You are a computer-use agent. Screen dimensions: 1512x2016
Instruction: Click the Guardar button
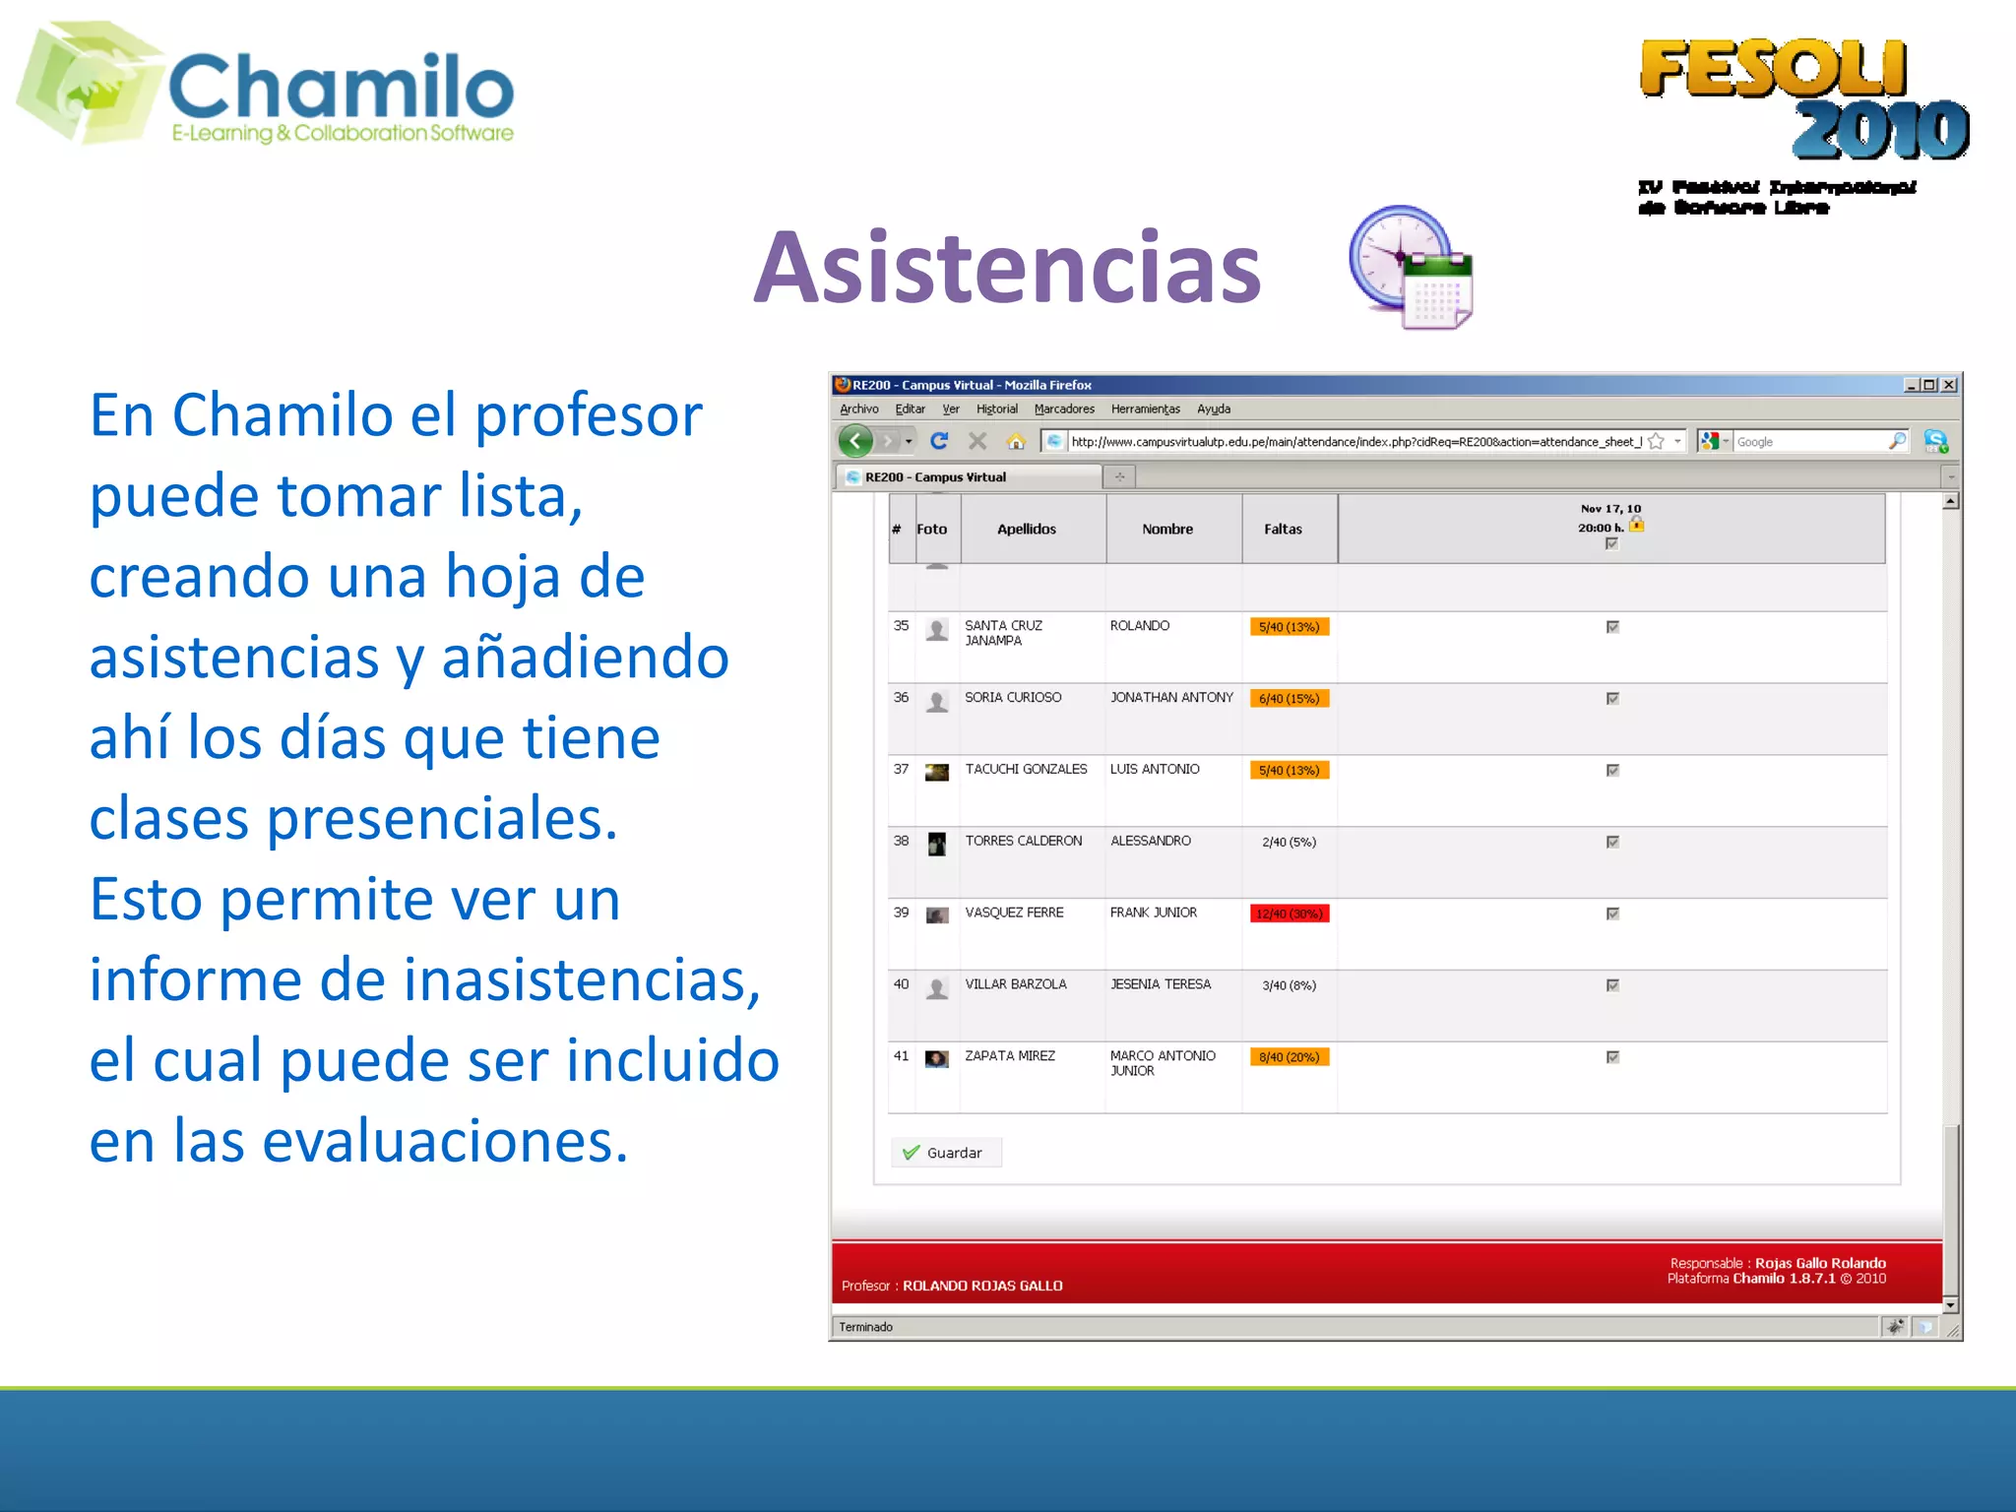946,1153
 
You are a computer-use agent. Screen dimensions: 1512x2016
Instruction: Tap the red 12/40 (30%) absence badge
1289,913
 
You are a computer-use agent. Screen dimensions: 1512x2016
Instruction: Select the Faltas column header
1283,530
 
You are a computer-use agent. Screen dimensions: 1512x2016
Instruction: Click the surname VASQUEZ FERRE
1014,913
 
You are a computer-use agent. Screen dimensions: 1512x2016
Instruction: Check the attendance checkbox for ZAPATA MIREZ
1612,1057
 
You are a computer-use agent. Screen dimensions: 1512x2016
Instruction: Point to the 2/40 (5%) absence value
1289,842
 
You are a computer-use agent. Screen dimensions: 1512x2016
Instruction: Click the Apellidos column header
1026,530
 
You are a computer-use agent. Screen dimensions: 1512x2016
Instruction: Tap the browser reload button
939,441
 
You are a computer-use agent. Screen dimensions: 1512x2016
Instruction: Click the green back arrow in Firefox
855,441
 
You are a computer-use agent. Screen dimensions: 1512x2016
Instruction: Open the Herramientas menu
1145,409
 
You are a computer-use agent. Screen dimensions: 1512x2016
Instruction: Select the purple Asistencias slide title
1007,268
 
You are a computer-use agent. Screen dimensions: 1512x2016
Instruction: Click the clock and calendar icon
1410,268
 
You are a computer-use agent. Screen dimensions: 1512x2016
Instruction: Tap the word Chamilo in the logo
341,87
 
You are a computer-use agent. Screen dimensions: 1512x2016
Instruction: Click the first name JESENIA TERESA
1161,984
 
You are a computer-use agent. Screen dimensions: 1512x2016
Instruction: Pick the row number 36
901,698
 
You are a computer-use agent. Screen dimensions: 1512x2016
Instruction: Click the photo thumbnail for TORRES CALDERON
937,844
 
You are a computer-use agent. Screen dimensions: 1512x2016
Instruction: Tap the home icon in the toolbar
1016,441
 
